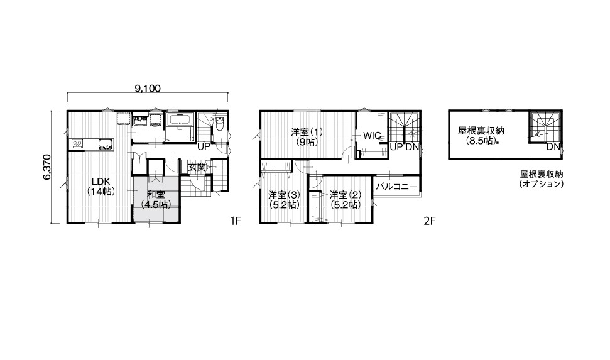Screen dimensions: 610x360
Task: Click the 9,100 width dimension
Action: tap(148, 89)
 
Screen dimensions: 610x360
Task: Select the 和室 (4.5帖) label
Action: tap(156, 199)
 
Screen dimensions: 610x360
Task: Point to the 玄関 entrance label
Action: tap(197, 167)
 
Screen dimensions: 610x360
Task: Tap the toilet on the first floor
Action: tap(220, 124)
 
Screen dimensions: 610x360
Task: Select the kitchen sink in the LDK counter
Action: tap(105, 144)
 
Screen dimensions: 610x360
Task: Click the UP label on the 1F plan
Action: tap(204, 147)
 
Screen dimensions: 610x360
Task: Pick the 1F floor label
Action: tap(236, 221)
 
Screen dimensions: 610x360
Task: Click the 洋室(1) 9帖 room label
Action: tap(307, 136)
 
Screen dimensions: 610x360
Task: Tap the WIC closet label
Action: tap(372, 136)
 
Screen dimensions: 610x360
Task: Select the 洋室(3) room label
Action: tap(285, 199)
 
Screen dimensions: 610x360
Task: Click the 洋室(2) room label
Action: tap(345, 199)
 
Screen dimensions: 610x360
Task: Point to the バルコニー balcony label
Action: tap(396, 187)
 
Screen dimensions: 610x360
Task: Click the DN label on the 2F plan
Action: tap(412, 147)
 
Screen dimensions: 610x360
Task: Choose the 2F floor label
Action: tap(430, 221)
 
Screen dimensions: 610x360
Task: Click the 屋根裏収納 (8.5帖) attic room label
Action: tap(481, 136)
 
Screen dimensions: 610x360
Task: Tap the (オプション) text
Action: tap(541, 183)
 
